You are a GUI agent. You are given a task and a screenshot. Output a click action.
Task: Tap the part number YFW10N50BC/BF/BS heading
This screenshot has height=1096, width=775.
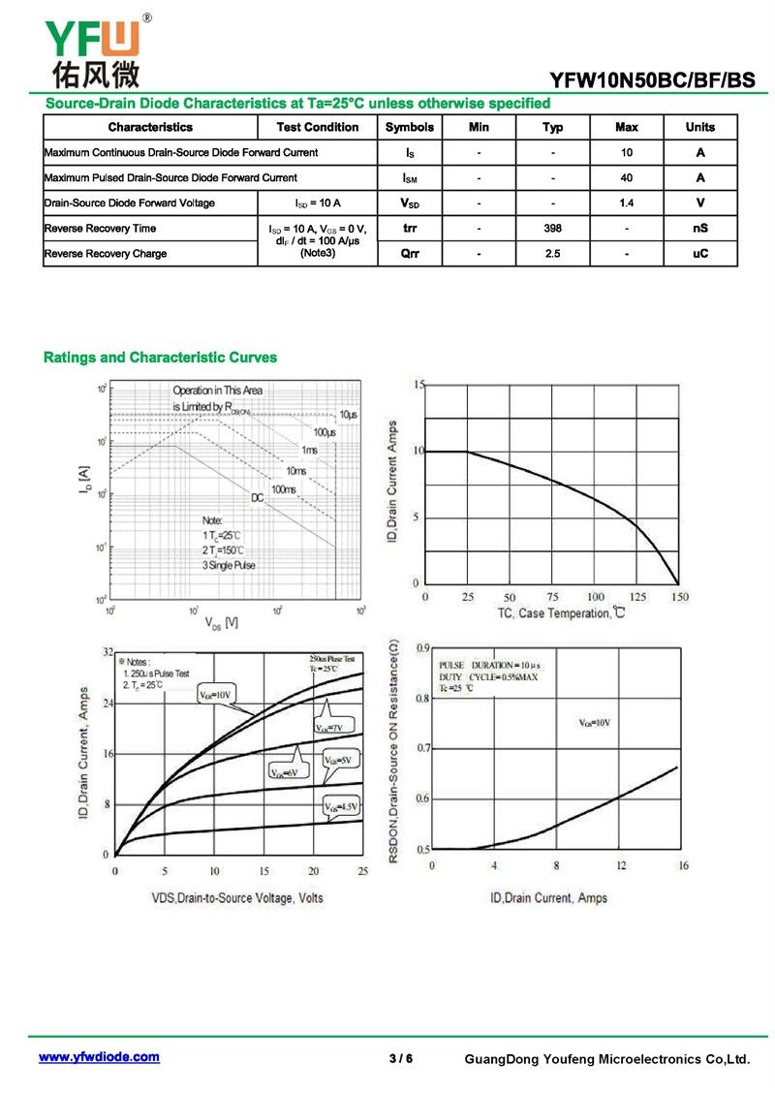pyautogui.click(x=652, y=80)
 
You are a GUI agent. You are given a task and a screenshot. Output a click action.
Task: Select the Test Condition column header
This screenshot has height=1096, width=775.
pyautogui.click(x=317, y=127)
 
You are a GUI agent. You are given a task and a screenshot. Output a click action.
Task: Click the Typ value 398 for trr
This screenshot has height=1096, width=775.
pyautogui.click(x=552, y=229)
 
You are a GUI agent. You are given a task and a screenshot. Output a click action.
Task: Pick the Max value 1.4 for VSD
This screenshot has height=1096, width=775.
pyautogui.click(x=626, y=204)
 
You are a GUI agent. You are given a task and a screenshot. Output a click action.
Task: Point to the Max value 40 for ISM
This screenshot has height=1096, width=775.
pyautogui.click(x=626, y=178)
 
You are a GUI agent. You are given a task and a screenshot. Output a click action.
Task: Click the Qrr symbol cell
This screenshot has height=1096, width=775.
pyautogui.click(x=409, y=254)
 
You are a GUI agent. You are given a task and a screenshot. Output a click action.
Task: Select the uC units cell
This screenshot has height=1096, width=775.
pyautogui.click(x=699, y=254)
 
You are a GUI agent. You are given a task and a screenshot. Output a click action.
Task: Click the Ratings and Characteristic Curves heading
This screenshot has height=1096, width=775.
pyautogui.click(x=160, y=358)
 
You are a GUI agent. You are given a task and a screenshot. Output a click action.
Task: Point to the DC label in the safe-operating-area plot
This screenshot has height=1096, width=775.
pyautogui.click(x=258, y=498)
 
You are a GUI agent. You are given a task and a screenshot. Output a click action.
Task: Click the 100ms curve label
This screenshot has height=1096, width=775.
pyautogui.click(x=284, y=489)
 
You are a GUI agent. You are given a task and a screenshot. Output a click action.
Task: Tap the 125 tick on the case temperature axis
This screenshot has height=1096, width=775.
pyautogui.click(x=637, y=597)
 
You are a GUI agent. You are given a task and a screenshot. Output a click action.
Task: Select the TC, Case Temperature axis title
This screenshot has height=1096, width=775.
pyautogui.click(x=561, y=613)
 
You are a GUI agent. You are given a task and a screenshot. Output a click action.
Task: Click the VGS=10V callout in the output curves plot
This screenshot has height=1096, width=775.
pyautogui.click(x=215, y=695)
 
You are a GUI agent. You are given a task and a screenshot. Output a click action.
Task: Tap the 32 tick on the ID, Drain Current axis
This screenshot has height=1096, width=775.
pyautogui.click(x=107, y=652)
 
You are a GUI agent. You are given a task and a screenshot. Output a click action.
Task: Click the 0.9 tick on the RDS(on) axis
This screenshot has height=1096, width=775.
pyautogui.click(x=422, y=648)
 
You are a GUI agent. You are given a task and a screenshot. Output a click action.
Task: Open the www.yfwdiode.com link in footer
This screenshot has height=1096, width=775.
pyautogui.click(x=99, y=1057)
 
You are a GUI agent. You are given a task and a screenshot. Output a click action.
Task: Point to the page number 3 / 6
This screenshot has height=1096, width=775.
pyautogui.click(x=400, y=1058)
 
